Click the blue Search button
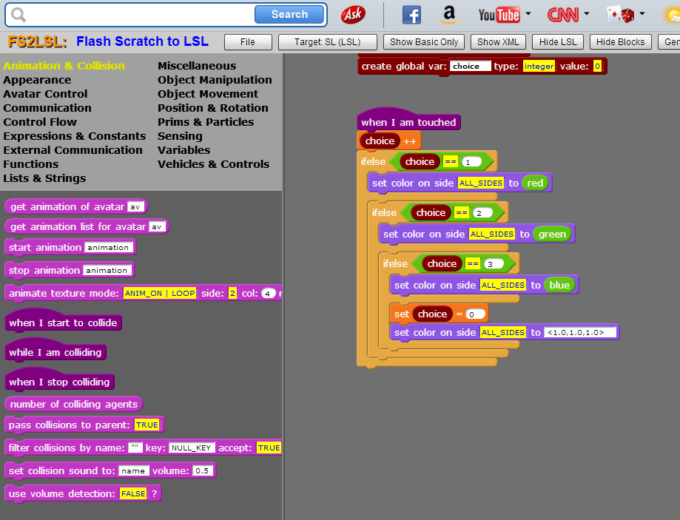pyautogui.click(x=289, y=14)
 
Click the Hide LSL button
pyautogui.click(x=558, y=42)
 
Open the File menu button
pyautogui.click(x=248, y=42)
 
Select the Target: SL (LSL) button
pyautogui.click(x=328, y=42)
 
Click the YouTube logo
pyautogui.click(x=499, y=15)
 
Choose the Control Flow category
pyautogui.click(x=40, y=122)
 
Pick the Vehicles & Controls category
pyautogui.click(x=213, y=164)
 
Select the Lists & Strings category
pyautogui.click(x=44, y=178)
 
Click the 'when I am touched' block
pyautogui.click(x=408, y=122)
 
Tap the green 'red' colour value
pyautogui.click(x=535, y=183)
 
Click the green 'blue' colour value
pyautogui.click(x=559, y=285)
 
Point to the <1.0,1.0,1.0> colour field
pyautogui.click(x=580, y=333)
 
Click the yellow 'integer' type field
pyautogui.click(x=539, y=66)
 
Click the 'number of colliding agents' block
pyautogui.click(x=74, y=404)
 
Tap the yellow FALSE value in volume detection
pyautogui.click(x=133, y=493)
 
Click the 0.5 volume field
pyautogui.click(x=202, y=470)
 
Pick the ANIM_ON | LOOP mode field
pyautogui.click(x=160, y=293)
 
